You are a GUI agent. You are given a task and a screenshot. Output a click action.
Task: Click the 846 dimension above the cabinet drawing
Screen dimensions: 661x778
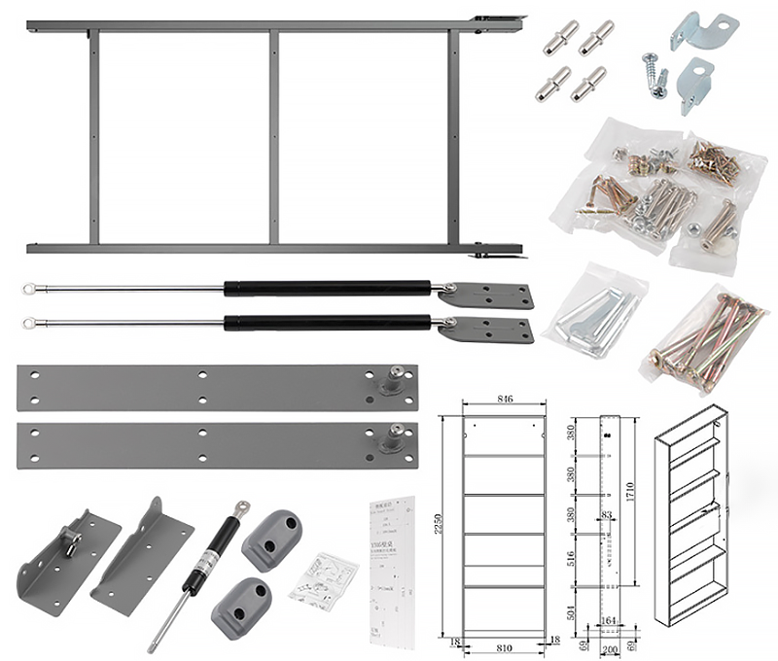click(504, 400)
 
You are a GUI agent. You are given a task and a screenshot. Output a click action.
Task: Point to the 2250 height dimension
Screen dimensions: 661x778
click(449, 526)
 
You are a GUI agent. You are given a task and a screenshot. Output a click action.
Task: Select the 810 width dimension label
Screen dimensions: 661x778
click(503, 644)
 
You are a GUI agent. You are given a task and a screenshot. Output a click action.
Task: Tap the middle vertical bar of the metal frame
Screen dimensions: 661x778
click(273, 136)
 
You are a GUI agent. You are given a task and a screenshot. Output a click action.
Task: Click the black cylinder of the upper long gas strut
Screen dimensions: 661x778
click(326, 288)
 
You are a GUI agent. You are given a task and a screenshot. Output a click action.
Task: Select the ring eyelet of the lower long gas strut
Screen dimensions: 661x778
click(30, 322)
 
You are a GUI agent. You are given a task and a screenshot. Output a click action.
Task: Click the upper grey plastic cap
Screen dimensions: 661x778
click(273, 538)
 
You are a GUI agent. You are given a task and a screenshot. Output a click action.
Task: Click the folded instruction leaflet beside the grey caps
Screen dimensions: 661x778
click(324, 580)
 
